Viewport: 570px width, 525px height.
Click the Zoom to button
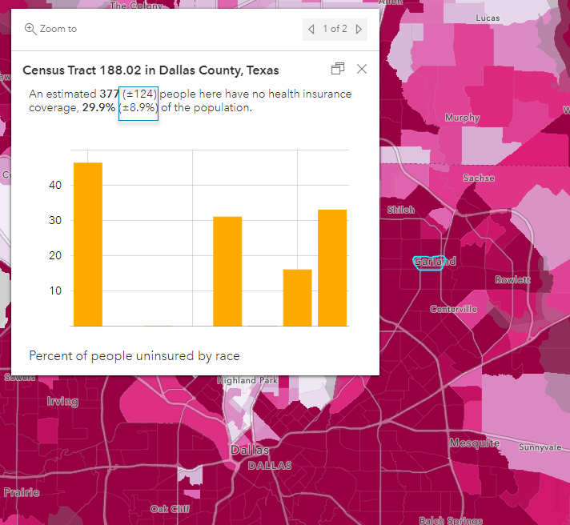pyautogui.click(x=51, y=29)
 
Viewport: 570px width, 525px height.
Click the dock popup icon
pyautogui.click(x=337, y=69)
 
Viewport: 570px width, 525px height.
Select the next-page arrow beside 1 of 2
pyautogui.click(x=359, y=30)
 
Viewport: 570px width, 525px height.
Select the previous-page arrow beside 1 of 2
pyautogui.click(x=311, y=30)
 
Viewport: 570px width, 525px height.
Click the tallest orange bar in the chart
pyautogui.click(x=88, y=244)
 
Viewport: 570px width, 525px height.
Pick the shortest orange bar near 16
pyautogui.click(x=297, y=298)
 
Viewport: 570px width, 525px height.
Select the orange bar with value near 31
pyautogui.click(x=227, y=271)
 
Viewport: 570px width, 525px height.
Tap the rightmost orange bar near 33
pyautogui.click(x=332, y=267)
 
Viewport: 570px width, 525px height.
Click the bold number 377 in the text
pyautogui.click(x=109, y=94)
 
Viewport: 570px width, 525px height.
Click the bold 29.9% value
pyautogui.click(x=98, y=108)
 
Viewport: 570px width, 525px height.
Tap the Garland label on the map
pyautogui.click(x=434, y=262)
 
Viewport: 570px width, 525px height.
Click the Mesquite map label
pyautogui.click(x=474, y=443)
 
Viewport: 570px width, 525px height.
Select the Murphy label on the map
pyautogui.click(x=462, y=118)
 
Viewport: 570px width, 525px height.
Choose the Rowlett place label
pyautogui.click(x=512, y=280)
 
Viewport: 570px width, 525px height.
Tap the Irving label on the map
pyautogui.click(x=62, y=401)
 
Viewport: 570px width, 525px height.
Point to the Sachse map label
pyautogui.click(x=479, y=178)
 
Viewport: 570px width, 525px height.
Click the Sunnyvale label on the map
pyautogui.click(x=541, y=447)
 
